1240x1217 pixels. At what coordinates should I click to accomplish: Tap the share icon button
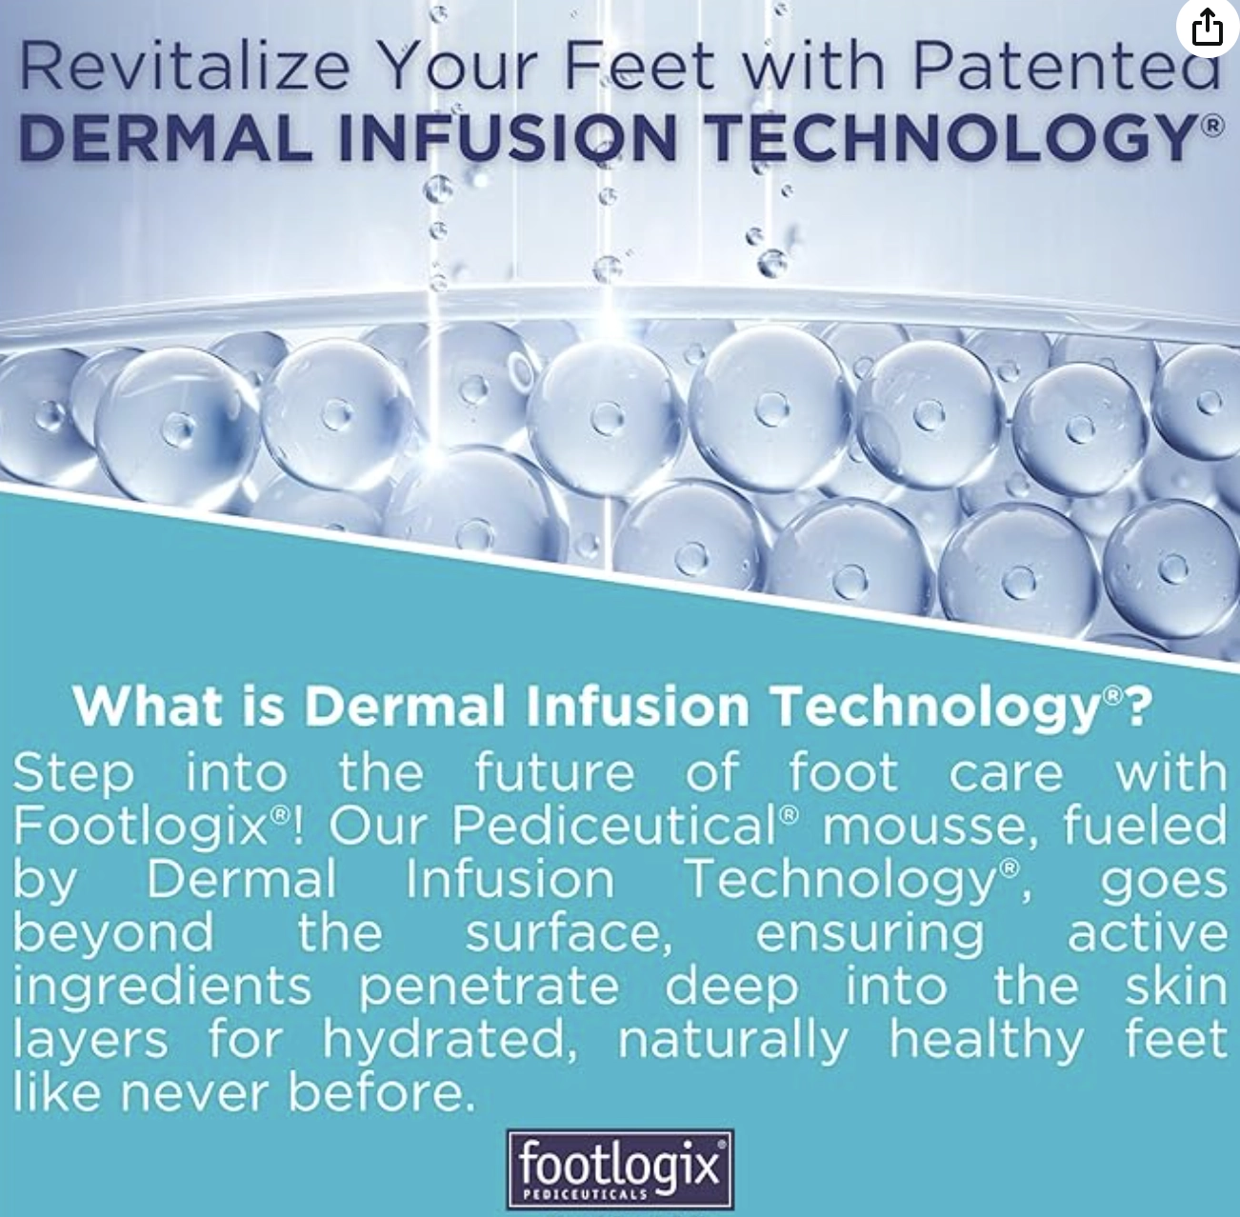coord(1207,29)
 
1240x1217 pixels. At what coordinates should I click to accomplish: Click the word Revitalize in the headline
coord(186,67)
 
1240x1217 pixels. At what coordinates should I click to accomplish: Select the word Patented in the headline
coord(1068,67)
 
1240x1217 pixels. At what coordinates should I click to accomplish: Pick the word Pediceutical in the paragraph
coord(614,825)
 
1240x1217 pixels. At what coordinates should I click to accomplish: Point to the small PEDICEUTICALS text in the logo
coord(585,1195)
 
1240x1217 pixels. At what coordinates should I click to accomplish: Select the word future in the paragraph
coord(554,773)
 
